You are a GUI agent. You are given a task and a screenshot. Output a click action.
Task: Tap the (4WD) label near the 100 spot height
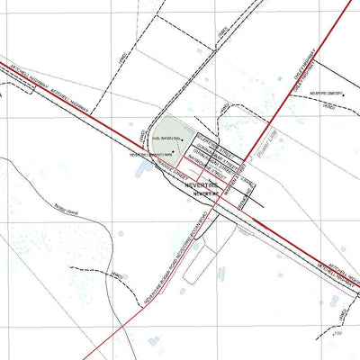coord(342,313)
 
